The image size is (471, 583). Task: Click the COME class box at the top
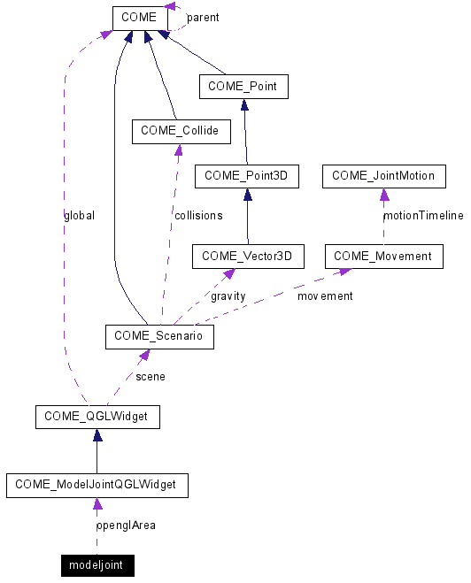pyautogui.click(x=140, y=18)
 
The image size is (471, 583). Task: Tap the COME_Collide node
pyautogui.click(x=181, y=132)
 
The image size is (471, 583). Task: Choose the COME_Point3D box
pyautogui.click(x=247, y=176)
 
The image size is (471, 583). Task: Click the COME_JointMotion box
pyautogui.click(x=383, y=176)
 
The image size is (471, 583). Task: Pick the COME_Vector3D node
pyautogui.click(x=248, y=257)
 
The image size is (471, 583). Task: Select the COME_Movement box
pyautogui.click(x=383, y=257)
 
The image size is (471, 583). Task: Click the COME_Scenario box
pyautogui.click(x=159, y=337)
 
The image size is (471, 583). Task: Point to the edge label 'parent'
pyautogui.click(x=203, y=18)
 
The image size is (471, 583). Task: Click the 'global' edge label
pyautogui.click(x=79, y=215)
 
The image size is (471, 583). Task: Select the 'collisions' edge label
pyautogui.click(x=197, y=215)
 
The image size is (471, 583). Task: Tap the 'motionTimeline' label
pyautogui.click(x=422, y=215)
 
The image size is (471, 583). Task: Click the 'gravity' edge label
pyautogui.click(x=228, y=295)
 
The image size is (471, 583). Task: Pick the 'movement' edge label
pyautogui.click(x=324, y=295)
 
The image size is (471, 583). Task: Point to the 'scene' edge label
pyautogui.click(x=150, y=376)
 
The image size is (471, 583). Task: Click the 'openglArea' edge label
pyautogui.click(x=125, y=525)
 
